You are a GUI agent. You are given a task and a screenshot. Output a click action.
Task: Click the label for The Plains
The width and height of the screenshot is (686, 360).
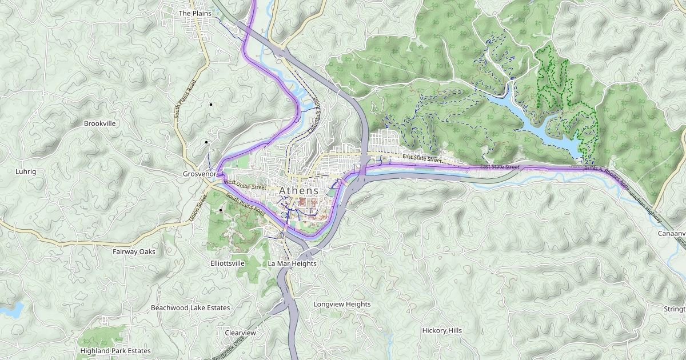(x=195, y=13)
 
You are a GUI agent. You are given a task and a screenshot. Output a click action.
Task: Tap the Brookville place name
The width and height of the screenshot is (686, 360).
(x=99, y=123)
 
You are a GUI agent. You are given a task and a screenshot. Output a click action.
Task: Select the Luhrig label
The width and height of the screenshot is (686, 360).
(x=25, y=171)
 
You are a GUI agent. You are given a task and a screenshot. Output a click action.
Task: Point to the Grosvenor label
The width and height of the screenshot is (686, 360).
(x=198, y=174)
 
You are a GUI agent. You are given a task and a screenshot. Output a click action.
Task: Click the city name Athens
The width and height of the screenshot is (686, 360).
(x=298, y=190)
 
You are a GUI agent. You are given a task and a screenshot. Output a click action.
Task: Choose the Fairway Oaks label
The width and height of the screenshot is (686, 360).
(x=134, y=251)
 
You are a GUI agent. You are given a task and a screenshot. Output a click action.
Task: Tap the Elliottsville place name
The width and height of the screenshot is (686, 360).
(x=228, y=263)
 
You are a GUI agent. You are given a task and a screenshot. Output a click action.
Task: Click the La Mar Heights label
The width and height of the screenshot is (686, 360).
(x=292, y=264)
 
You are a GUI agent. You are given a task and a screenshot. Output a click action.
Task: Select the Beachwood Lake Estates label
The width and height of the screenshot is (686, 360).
(x=190, y=308)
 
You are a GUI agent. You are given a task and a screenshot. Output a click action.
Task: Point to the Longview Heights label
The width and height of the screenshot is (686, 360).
(x=342, y=305)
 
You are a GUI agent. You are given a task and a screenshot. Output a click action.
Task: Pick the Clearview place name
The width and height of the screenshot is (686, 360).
(x=240, y=333)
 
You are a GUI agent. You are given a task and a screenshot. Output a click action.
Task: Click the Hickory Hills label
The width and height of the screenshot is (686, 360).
(x=442, y=331)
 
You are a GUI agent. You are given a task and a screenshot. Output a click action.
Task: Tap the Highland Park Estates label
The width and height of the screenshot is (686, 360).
(x=115, y=351)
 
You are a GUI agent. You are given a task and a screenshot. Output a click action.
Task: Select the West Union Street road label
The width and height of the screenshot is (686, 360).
(x=245, y=185)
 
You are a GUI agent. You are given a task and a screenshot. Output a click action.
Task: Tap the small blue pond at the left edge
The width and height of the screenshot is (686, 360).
(x=11, y=310)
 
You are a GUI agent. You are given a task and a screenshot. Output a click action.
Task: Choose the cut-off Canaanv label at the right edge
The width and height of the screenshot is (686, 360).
(x=672, y=234)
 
